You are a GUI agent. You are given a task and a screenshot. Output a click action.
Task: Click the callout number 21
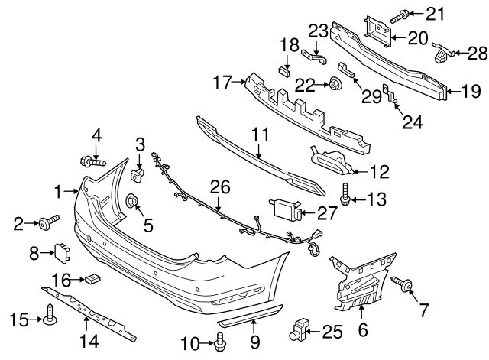coord(435,12)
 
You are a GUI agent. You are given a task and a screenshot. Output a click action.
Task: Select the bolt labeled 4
coord(91,161)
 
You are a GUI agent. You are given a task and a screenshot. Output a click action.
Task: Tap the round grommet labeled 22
coord(334,85)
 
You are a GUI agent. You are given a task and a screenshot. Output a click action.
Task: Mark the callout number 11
coord(261,135)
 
